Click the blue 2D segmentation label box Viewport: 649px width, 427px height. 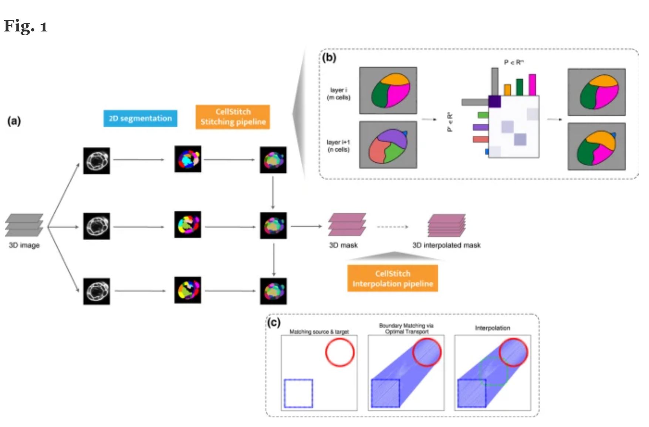tap(140, 118)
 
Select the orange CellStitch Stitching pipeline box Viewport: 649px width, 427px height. tap(233, 117)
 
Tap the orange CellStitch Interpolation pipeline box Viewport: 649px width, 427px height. tap(392, 279)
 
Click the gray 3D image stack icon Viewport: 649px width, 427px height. tap(24, 225)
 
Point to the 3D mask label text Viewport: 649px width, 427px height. tap(343, 245)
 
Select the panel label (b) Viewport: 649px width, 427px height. tap(329, 58)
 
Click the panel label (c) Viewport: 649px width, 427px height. tap(274, 323)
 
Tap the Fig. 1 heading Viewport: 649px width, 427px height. tap(26, 26)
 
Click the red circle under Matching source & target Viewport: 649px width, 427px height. tap(339, 353)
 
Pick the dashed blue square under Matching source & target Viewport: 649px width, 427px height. tap(298, 394)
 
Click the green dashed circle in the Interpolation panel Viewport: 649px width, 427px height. tap(493, 371)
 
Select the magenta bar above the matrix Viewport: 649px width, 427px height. tap(532, 85)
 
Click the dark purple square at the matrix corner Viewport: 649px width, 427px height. tap(494, 101)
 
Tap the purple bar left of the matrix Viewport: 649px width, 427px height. tap(480, 127)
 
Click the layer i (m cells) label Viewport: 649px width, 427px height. tap(338, 94)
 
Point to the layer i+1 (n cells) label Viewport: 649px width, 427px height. tap(338, 146)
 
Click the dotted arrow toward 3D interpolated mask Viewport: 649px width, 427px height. tap(392, 226)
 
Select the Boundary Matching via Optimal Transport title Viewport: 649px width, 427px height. tap(406, 329)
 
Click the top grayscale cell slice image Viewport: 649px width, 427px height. tap(97, 161)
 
